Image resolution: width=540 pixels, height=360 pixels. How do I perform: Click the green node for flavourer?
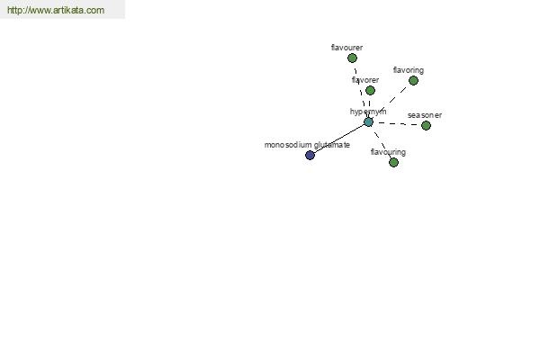[352, 58]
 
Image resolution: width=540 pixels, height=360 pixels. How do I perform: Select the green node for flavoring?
[413, 81]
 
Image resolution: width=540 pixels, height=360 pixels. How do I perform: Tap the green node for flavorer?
[370, 90]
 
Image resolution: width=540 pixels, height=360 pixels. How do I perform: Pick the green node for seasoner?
[426, 125]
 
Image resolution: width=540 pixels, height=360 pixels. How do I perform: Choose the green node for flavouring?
[393, 162]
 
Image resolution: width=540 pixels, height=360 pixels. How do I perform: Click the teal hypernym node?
[368, 122]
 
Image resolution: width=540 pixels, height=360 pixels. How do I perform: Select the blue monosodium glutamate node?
[310, 156]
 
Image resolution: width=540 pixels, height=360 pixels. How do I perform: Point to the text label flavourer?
[346, 48]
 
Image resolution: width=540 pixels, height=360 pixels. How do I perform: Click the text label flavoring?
[409, 70]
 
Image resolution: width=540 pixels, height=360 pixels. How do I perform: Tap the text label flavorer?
[365, 80]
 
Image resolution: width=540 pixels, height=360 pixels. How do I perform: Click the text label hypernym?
[368, 112]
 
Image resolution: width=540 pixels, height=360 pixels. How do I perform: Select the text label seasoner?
[425, 115]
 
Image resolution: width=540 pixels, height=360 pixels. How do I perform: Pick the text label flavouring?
[388, 152]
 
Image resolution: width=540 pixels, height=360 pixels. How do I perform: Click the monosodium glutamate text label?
[307, 145]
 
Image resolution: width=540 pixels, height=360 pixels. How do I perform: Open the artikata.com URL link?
[56, 10]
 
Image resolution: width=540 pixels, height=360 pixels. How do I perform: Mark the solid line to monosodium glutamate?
[339, 139]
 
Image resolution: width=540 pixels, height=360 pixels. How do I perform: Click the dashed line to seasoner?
[398, 123]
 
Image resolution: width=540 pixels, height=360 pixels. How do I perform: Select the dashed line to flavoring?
[391, 102]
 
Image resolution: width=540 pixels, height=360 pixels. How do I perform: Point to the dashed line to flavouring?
[382, 142]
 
